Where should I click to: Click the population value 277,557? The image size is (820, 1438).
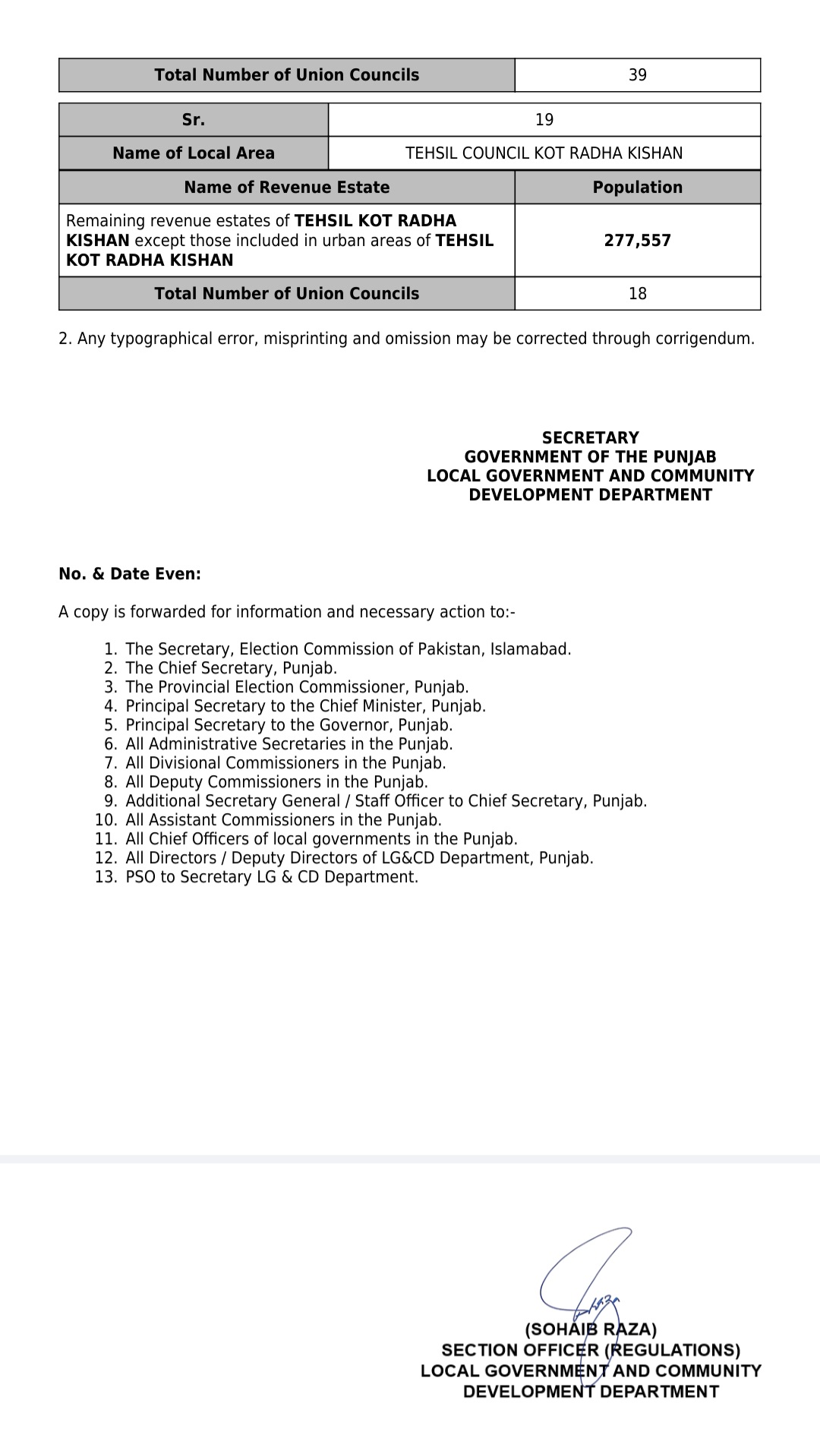(637, 241)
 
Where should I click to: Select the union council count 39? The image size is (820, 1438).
(637, 75)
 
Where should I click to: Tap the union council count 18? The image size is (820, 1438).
(637, 294)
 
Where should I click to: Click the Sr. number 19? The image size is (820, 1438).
(544, 120)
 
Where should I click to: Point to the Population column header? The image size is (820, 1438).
(637, 188)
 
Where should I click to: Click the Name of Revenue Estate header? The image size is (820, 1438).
(286, 188)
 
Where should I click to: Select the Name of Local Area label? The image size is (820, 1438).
(193, 153)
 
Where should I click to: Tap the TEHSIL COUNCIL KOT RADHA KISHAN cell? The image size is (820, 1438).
(544, 153)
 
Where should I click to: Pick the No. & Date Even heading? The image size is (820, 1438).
(130, 574)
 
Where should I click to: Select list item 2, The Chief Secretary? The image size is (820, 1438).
(231, 668)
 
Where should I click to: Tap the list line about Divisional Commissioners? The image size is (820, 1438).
(285, 763)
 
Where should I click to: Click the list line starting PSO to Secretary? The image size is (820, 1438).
(272, 877)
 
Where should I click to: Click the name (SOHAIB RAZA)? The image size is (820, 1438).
(591, 1329)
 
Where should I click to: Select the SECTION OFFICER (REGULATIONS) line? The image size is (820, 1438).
(591, 1350)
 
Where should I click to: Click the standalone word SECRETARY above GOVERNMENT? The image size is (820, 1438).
(590, 438)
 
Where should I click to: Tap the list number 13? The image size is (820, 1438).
(106, 877)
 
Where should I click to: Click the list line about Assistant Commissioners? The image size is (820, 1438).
(283, 820)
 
